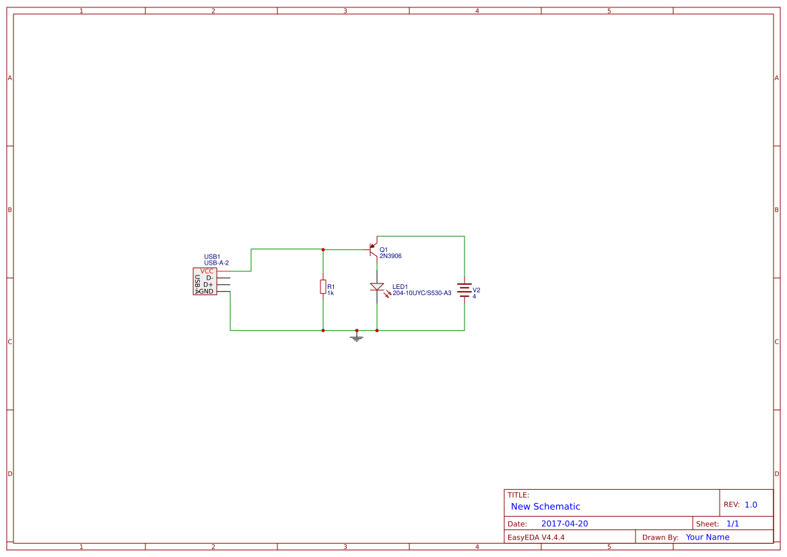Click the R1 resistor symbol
323,287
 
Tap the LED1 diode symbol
377,287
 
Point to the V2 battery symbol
464,290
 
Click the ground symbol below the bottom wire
357,337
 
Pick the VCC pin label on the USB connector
207,271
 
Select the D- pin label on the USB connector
209,277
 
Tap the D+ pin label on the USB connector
208,284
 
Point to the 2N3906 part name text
390,256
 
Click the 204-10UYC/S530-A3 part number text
421,293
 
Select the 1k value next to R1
331,293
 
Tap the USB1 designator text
212,257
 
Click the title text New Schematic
545,506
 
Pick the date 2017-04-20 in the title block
564,523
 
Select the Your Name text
708,537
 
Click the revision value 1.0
751,504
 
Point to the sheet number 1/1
732,523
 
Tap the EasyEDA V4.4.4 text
536,537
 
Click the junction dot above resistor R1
323,249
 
